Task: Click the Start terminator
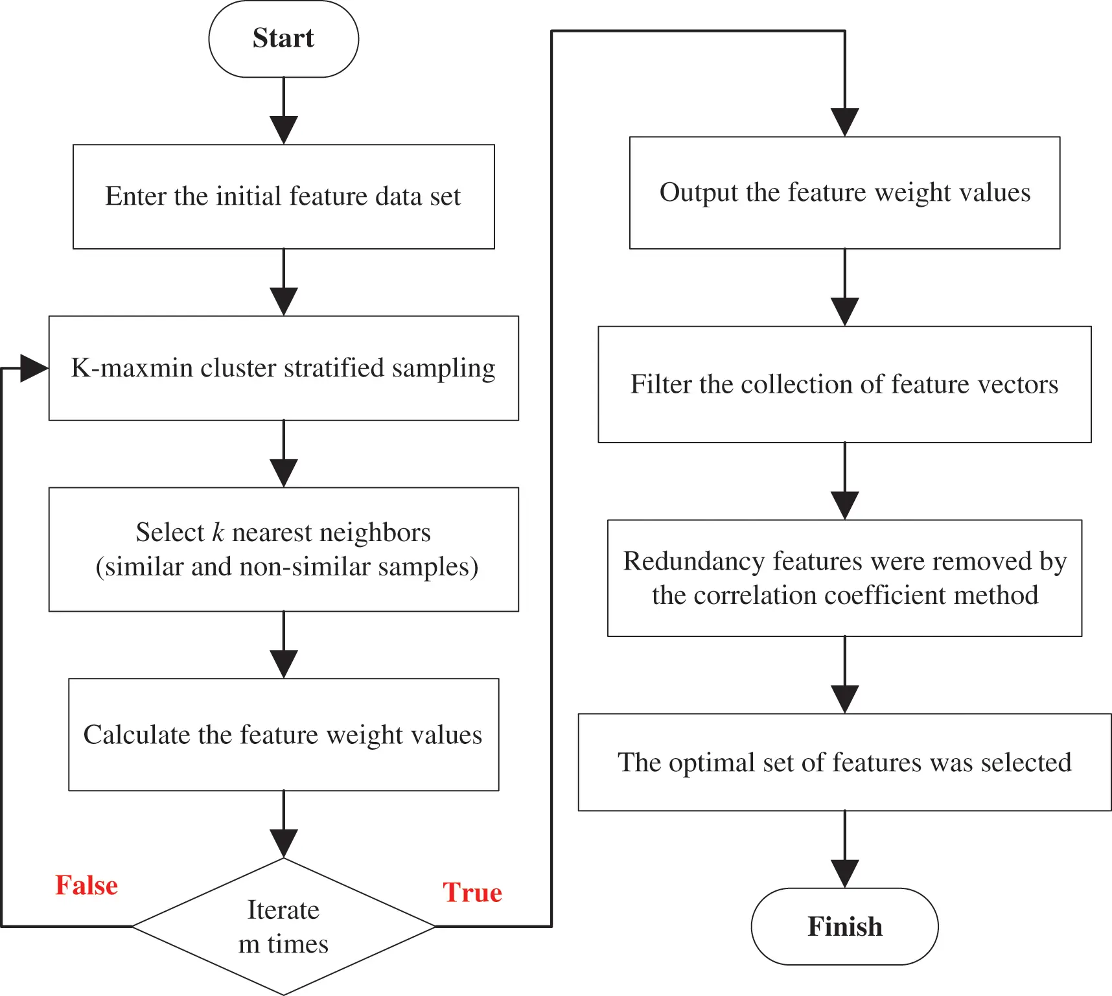point(283,39)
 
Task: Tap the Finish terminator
point(844,926)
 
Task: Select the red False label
point(86,885)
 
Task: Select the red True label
point(472,892)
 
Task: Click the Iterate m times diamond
point(283,927)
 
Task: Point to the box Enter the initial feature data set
point(283,196)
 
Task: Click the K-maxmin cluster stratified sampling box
point(283,368)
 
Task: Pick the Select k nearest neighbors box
point(283,549)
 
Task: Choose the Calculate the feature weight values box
point(283,734)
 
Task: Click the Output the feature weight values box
point(844,192)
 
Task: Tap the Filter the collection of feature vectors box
point(844,384)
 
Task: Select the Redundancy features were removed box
point(844,577)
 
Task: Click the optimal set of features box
point(844,762)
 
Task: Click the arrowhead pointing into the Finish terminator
point(844,873)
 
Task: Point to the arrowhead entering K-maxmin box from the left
point(34,368)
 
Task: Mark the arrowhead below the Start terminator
point(283,129)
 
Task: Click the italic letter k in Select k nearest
point(218,533)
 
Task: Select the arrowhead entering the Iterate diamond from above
point(283,842)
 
